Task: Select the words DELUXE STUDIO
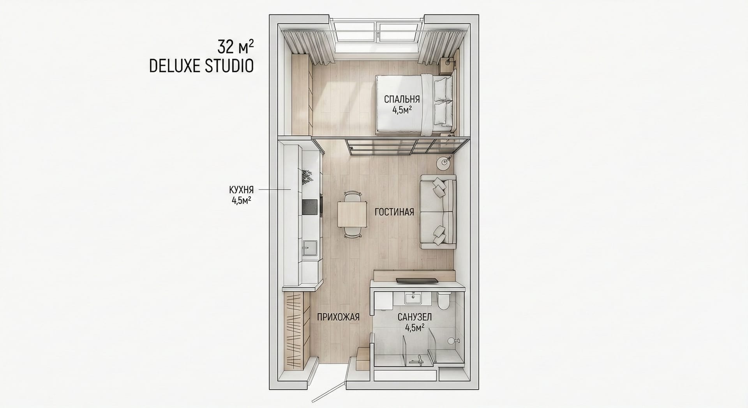click(201, 66)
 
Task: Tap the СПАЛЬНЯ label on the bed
click(401, 99)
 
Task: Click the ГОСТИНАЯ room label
click(394, 212)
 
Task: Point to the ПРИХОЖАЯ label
click(338, 317)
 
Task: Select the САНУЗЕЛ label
click(415, 317)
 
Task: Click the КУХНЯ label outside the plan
click(241, 190)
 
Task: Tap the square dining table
click(352, 214)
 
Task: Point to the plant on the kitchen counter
click(307, 177)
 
